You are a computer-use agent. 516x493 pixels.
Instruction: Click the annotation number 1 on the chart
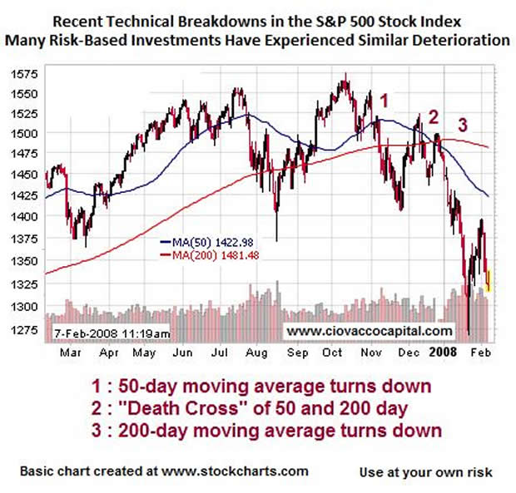click(384, 101)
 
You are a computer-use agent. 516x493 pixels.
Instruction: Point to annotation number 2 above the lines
click(434, 116)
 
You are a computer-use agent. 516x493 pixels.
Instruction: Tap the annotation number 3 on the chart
click(464, 126)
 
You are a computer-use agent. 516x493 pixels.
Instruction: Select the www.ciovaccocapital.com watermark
click(370, 331)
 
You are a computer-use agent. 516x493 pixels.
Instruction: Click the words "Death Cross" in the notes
click(231, 408)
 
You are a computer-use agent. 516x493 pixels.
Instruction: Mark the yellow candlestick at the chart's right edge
click(489, 279)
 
